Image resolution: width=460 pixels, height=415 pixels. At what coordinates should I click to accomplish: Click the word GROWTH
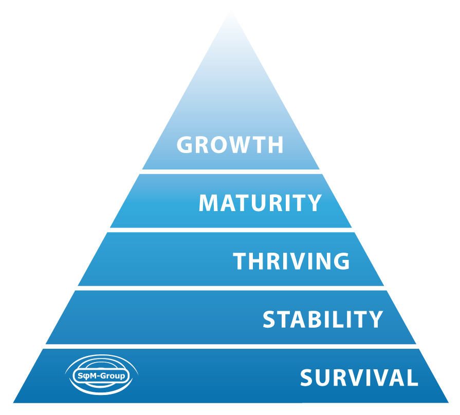click(230, 144)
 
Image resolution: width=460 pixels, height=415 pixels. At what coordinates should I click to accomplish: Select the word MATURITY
click(260, 203)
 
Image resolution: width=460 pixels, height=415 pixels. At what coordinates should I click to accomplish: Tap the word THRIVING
click(291, 261)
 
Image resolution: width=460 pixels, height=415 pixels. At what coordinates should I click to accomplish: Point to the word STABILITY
click(323, 319)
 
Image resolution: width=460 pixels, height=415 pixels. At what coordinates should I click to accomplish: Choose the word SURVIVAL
click(359, 378)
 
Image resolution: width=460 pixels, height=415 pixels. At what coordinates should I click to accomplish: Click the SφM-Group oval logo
click(101, 375)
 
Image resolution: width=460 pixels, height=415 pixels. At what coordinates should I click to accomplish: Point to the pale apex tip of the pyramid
click(231, 12)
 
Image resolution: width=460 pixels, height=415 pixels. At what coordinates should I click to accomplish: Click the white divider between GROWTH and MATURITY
click(231, 172)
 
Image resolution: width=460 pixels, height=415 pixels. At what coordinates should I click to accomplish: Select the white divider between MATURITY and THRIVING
click(231, 230)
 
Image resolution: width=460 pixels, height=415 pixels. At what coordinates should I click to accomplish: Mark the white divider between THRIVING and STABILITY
click(231, 288)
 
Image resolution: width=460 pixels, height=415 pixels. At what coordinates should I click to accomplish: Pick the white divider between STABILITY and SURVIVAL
click(231, 346)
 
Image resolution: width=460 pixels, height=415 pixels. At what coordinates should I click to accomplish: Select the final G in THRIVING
click(341, 261)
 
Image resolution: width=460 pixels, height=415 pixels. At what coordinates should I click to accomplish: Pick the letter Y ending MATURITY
click(314, 203)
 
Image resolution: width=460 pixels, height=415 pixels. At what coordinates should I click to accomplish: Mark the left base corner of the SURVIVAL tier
click(13, 402)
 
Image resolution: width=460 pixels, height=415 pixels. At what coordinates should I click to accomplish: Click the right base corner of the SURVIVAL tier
click(449, 402)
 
